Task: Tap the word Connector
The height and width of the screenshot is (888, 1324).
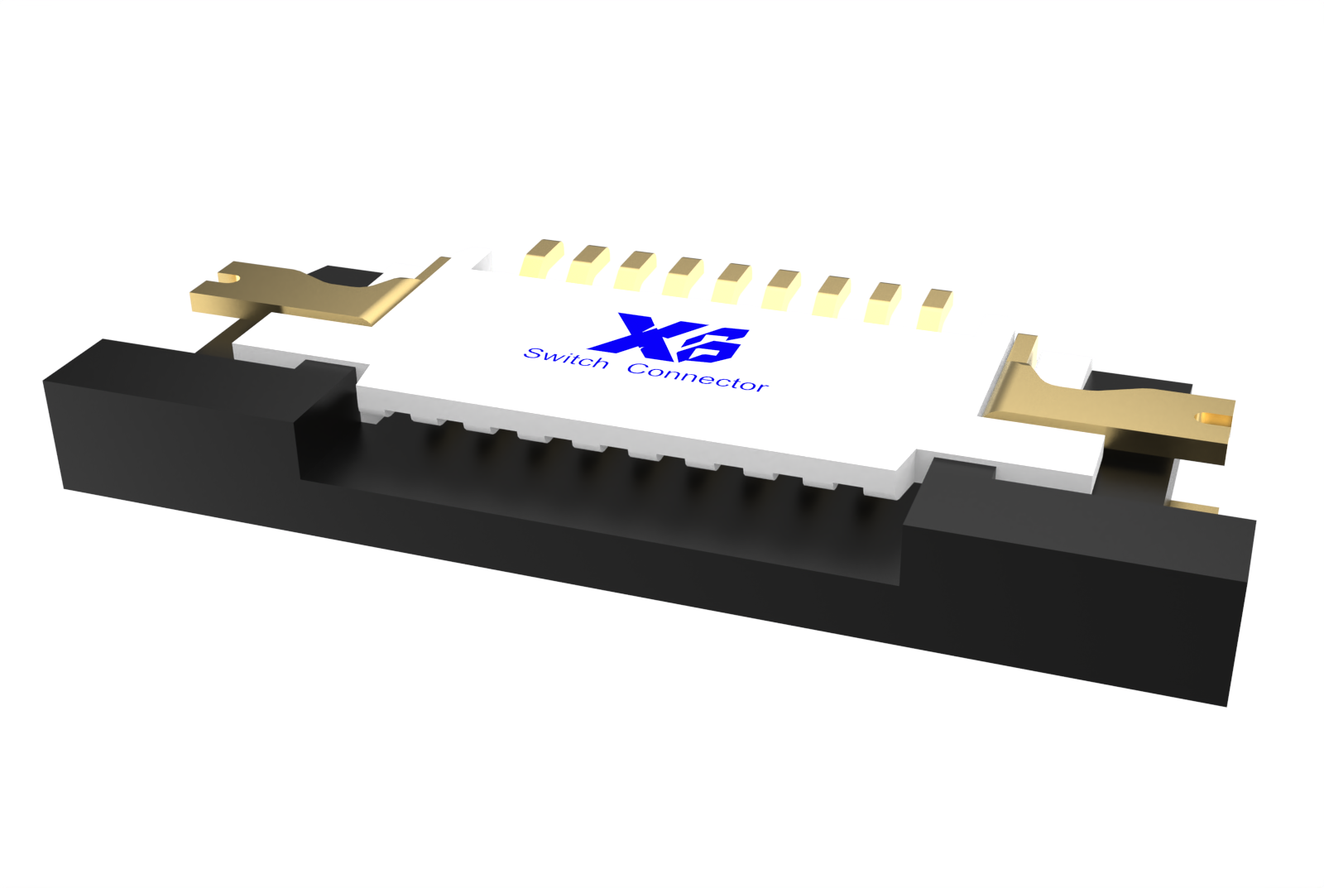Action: pos(698,377)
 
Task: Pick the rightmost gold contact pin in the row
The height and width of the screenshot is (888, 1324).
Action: pos(935,309)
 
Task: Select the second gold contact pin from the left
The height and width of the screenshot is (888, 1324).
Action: pos(589,264)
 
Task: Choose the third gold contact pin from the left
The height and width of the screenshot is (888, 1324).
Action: pos(636,271)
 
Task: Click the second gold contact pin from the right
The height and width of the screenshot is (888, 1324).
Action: pos(883,302)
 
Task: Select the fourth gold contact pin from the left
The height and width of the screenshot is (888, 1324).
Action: pos(684,276)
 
